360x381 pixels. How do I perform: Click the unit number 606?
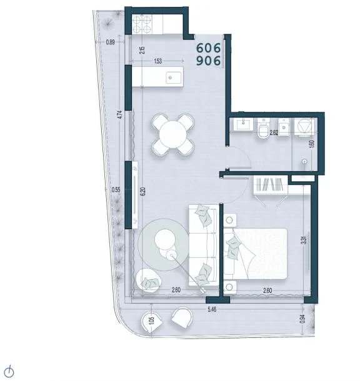coord(208,48)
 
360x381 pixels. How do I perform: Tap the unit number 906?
coord(208,61)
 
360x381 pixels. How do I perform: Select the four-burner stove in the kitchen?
coord(142,24)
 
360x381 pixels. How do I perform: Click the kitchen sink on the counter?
coord(174,77)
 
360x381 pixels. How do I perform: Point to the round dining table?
coord(173,134)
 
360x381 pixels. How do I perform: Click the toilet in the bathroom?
coord(263,129)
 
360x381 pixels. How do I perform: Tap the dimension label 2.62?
coord(274,132)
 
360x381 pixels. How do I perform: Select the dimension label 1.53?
coord(157,61)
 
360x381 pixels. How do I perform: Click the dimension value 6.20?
coord(142,192)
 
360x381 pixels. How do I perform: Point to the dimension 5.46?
coord(212,309)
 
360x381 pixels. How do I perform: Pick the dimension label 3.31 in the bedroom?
coord(303,240)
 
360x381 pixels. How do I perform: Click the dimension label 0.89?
coord(111,42)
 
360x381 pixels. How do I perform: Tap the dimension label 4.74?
coord(119,114)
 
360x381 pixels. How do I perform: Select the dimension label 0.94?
coord(302,319)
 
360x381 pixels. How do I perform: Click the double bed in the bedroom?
coord(255,254)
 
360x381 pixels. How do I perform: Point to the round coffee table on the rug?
coord(164,239)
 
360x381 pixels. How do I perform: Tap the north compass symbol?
coord(9,372)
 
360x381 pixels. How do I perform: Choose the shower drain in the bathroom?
coord(304,161)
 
